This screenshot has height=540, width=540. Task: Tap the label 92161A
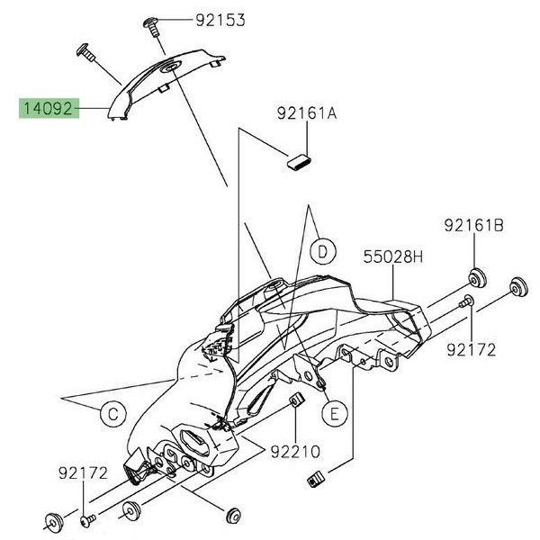(x=308, y=114)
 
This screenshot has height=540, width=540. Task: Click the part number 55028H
(x=392, y=257)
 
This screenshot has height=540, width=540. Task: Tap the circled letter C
(x=111, y=414)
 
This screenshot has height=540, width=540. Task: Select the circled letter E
(x=334, y=413)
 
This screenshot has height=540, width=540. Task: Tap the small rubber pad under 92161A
(x=298, y=161)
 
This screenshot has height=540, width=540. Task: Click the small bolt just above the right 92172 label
(x=467, y=302)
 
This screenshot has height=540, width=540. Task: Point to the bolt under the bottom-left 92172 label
(x=86, y=519)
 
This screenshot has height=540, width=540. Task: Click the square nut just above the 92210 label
(x=293, y=400)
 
